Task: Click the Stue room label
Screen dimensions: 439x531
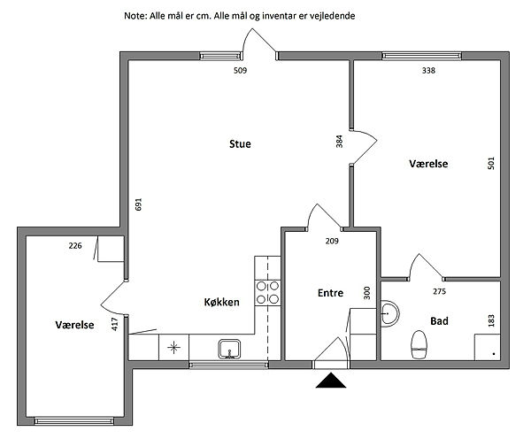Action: [240, 144]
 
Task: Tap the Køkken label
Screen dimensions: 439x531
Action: [222, 303]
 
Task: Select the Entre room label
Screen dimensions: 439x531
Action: [330, 293]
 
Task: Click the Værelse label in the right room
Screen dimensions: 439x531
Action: [429, 164]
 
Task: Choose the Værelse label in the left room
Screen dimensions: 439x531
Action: [74, 325]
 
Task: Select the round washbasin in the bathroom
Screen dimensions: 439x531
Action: [390, 312]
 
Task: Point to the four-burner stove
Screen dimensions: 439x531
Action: [267, 292]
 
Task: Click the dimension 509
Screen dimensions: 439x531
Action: [239, 70]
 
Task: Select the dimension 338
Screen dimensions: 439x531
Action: [428, 70]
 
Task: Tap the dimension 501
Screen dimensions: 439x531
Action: [491, 164]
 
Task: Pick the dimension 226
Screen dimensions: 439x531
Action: [75, 247]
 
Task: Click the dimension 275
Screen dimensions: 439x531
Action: [439, 291]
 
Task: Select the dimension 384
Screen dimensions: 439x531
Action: [339, 143]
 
